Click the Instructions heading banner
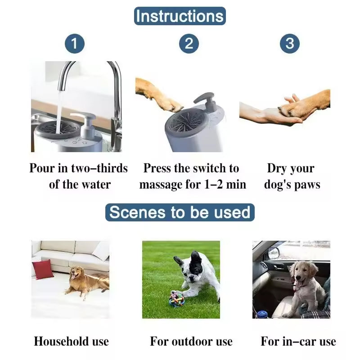180,16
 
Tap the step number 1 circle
74,43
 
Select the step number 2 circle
189,43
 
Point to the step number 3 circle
289,43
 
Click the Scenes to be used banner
180,212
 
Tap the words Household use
71,342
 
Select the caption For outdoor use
191,342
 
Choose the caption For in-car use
298,342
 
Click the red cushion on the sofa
43,269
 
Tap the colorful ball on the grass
176,298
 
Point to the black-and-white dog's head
188,268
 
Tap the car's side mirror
273,253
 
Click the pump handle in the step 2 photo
206,97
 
